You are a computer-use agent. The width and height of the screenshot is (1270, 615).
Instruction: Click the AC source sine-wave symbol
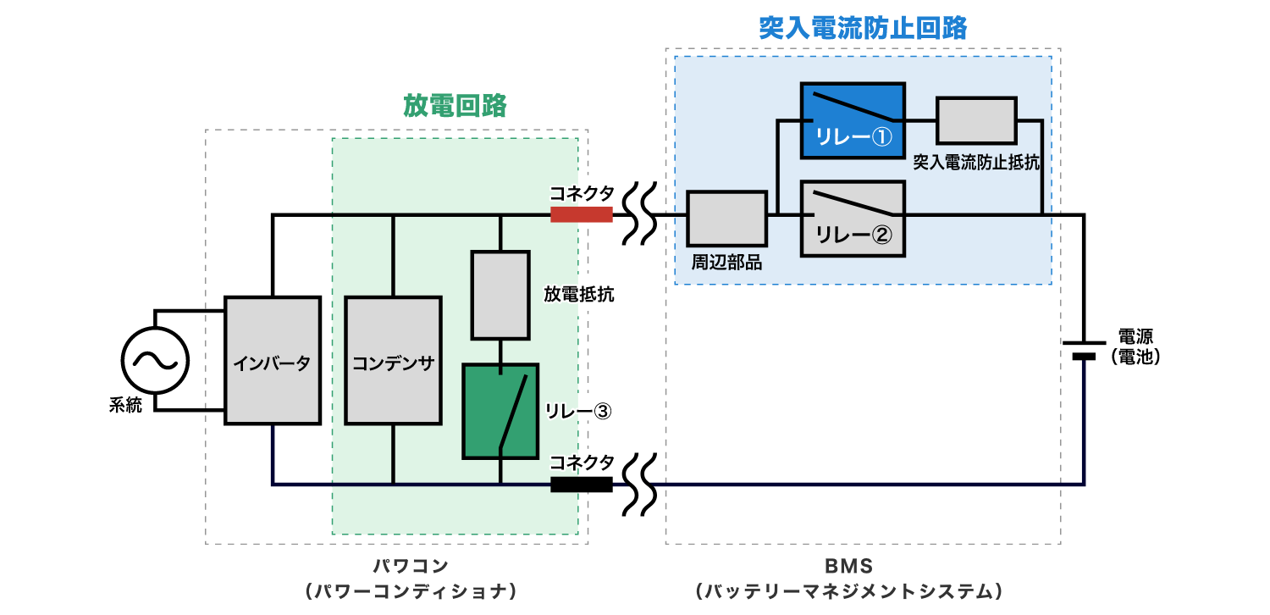[155, 361]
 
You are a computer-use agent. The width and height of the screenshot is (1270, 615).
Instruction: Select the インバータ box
[273, 361]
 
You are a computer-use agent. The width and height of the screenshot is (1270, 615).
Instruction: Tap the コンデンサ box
[393, 361]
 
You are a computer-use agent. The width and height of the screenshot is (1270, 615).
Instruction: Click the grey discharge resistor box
[500, 295]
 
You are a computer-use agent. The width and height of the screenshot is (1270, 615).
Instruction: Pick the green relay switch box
[500, 411]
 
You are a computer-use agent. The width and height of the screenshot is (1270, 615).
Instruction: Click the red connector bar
[581, 214]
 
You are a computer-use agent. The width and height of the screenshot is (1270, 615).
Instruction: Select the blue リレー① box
[853, 120]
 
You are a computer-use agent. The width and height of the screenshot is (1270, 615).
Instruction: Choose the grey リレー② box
[853, 218]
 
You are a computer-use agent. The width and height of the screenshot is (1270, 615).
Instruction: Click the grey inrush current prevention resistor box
[975, 120]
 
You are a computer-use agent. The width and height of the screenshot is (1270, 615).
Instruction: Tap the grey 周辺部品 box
[726, 219]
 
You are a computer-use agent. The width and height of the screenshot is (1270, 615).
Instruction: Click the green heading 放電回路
[455, 106]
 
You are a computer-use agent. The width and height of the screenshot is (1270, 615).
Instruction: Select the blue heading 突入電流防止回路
[863, 28]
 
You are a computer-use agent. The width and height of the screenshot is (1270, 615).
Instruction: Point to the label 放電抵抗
[580, 295]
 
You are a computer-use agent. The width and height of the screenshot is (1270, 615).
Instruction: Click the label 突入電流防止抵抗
[975, 163]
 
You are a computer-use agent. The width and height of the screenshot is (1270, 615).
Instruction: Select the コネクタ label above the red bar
[583, 193]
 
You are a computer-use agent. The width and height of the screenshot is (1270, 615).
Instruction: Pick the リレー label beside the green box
[569, 411]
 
